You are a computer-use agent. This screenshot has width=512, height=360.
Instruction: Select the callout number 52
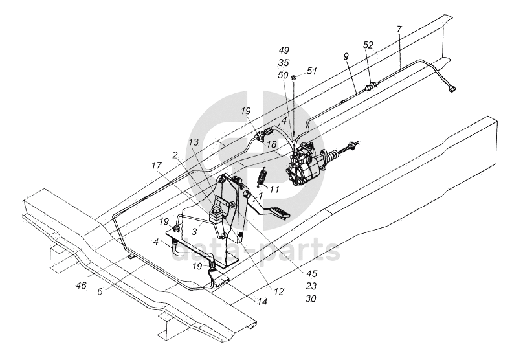coord(368,45)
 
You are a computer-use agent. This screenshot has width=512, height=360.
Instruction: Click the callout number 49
coord(284,51)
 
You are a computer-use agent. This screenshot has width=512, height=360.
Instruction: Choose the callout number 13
coord(194,142)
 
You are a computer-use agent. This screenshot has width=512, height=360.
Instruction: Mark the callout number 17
coord(157,165)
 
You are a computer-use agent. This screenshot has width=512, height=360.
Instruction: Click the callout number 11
coord(274,190)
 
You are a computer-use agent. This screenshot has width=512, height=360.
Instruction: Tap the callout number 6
coord(100,291)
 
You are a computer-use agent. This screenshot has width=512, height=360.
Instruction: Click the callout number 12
coord(278,293)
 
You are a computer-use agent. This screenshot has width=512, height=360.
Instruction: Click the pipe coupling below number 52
coord(371,85)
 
